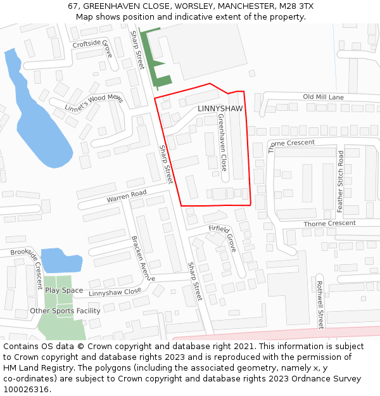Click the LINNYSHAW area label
pos(220,109)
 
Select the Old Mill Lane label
pos(323,97)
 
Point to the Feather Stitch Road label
pos(340,181)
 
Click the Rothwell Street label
pos(320,304)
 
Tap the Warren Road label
pos(126,196)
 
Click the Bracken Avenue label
pos(143,258)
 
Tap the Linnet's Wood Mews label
pos(94,103)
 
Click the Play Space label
pos(63,290)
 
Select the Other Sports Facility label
pos(65,311)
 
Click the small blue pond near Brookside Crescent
pos(61,260)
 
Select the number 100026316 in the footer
pos(27,390)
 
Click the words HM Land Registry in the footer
pos(37,368)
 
